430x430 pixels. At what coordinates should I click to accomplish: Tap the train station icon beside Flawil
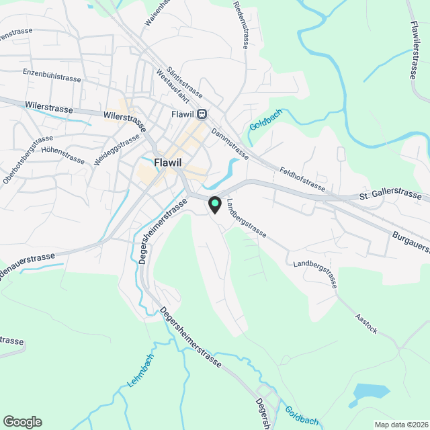click(202, 114)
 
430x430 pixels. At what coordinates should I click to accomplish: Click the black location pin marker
click(214, 204)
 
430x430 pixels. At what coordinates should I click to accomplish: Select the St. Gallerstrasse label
click(394, 196)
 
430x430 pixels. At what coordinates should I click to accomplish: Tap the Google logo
click(21, 421)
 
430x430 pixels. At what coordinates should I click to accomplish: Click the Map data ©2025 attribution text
click(401, 424)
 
